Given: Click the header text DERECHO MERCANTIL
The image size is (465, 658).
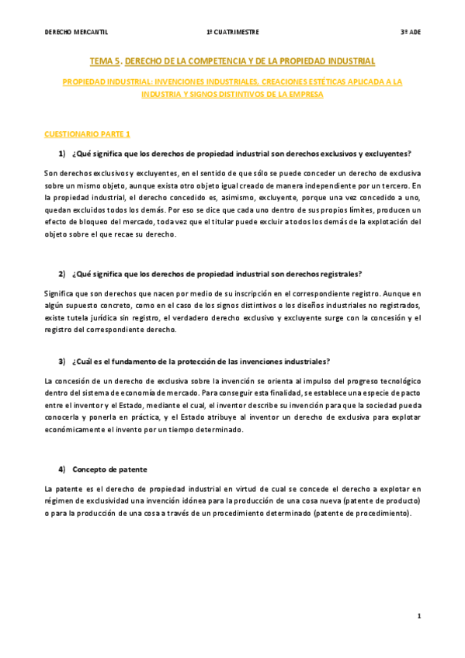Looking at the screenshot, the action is click(x=76, y=33).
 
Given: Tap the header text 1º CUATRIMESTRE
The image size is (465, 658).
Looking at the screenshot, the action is click(x=233, y=33).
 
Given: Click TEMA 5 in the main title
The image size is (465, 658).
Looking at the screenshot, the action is click(x=105, y=61).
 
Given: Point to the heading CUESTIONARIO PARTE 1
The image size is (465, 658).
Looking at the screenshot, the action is click(x=88, y=133).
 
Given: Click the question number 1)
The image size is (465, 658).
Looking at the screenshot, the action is click(x=62, y=152).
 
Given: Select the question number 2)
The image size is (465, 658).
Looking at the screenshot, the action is click(x=62, y=274).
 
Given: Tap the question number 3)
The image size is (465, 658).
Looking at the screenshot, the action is click(x=62, y=362).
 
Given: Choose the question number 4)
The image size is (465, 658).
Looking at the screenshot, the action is click(x=62, y=470).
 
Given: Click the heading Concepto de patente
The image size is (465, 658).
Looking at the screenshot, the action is click(x=109, y=470).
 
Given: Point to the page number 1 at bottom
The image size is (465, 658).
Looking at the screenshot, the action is click(x=418, y=616).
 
